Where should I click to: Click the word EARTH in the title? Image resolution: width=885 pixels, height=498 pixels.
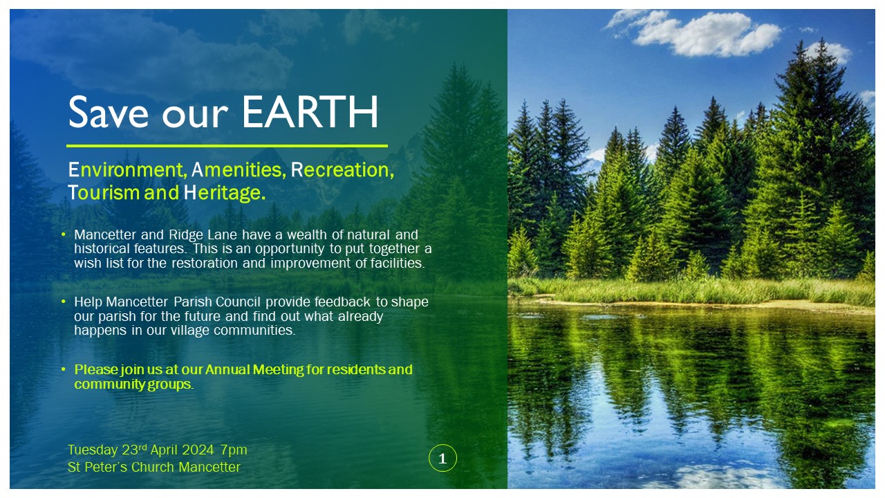click(x=310, y=112)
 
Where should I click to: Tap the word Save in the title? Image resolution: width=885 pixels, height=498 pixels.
click(x=109, y=112)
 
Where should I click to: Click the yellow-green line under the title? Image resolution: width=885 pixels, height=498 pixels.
click(x=227, y=146)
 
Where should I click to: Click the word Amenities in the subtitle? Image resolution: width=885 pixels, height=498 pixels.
click(x=239, y=170)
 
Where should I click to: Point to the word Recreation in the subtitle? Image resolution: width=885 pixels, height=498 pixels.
click(x=342, y=170)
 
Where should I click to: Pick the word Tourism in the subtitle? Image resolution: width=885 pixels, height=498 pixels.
click(x=104, y=193)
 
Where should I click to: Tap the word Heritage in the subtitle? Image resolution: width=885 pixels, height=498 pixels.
click(x=224, y=193)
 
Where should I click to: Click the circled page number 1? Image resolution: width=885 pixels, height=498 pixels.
click(x=442, y=458)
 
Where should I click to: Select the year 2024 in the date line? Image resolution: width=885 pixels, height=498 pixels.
click(x=198, y=450)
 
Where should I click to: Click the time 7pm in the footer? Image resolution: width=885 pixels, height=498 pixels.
click(x=234, y=450)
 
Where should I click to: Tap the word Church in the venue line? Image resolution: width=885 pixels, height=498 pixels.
click(x=153, y=467)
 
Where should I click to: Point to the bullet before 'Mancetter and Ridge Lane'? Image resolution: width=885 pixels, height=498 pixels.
click(x=64, y=234)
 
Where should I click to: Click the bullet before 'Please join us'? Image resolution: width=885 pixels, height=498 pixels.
click(x=64, y=369)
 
